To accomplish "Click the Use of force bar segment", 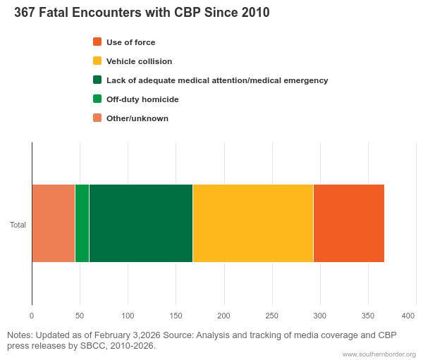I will (x=349, y=223).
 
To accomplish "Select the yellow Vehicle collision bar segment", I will (x=252, y=223).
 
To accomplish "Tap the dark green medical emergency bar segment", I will (x=141, y=223).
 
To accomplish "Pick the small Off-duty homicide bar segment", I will (x=82, y=223).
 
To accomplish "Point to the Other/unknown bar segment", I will (x=53, y=223).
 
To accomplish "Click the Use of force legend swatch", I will (x=97, y=42).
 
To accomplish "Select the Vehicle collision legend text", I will (x=139, y=61).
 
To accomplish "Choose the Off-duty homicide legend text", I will (x=142, y=99).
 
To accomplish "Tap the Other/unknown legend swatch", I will (x=97, y=118).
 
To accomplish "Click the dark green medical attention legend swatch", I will (x=97, y=80).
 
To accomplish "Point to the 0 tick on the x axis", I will (x=32, y=315).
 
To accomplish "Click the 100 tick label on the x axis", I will (x=128, y=315).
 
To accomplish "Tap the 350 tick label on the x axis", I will (x=368, y=315).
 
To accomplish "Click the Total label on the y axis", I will (x=18, y=225).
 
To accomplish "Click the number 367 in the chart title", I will (x=25, y=13).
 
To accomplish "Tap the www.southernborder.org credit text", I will (x=379, y=354).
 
